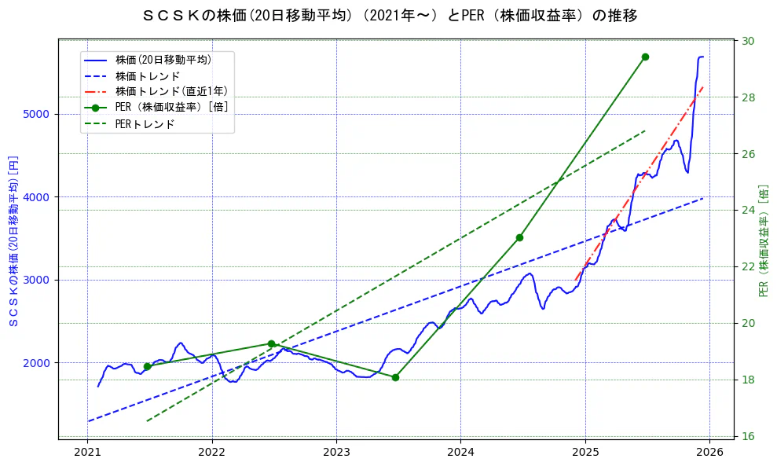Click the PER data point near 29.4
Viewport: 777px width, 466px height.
[645, 57]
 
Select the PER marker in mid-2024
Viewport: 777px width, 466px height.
[519, 237]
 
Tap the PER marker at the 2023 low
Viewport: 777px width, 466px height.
[395, 377]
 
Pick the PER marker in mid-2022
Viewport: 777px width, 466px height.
[271, 343]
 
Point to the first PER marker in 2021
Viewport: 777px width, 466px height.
[147, 366]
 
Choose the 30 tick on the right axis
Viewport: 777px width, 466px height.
[748, 41]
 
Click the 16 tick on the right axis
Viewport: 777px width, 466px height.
[748, 436]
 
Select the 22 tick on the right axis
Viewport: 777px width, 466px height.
[748, 266]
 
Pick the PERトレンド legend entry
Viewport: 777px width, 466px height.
[145, 124]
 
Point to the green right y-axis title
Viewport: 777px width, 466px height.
[764, 240]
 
